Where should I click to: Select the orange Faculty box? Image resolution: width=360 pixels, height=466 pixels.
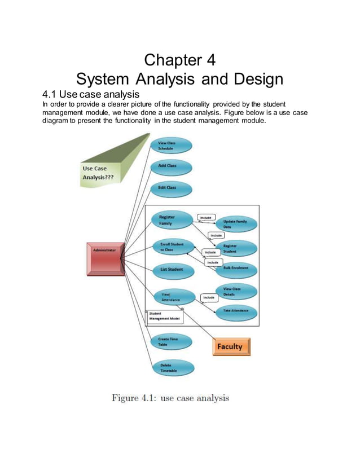pos(231,346)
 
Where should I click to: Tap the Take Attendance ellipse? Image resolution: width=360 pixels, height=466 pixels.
pos(236,311)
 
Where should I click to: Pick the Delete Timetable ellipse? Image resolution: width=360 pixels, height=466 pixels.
pos(172,368)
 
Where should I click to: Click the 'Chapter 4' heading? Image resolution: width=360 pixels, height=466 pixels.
pos(179,59)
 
